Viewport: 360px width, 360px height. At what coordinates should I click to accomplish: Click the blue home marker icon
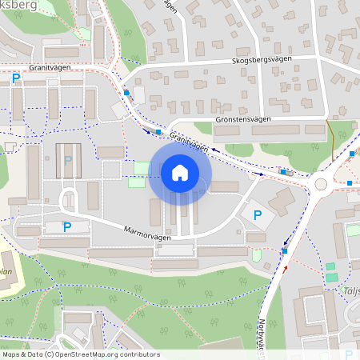[179, 173]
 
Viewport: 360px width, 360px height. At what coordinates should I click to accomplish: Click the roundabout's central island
[321, 183]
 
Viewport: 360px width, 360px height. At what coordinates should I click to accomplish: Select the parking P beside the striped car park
[68, 160]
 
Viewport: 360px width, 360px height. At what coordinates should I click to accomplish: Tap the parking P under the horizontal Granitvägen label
[16, 78]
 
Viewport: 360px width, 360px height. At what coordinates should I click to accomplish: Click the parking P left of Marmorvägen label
[67, 227]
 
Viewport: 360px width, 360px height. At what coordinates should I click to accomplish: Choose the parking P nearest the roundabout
[257, 215]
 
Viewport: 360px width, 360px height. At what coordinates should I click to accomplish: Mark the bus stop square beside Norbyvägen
[284, 251]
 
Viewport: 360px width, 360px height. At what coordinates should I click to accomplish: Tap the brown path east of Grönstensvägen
[330, 140]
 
